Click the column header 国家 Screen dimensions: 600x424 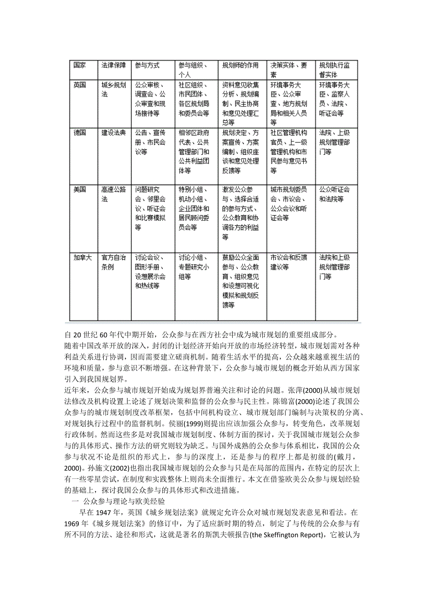[x=80, y=65]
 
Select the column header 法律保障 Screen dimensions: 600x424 [x=113, y=65]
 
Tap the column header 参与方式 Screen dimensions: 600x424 [x=147, y=65]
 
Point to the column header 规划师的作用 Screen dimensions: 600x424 [x=240, y=65]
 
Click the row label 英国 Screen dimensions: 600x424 [x=80, y=85]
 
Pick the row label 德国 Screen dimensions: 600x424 [x=80, y=133]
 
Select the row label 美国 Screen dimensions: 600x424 [x=80, y=189]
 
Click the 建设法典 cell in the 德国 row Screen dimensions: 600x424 [x=113, y=133]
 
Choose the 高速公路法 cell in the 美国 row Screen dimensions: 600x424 [x=113, y=194]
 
